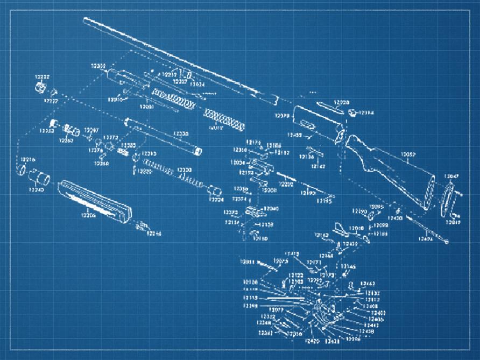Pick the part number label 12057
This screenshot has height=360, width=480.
(x=409, y=155)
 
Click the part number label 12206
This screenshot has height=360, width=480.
(x=88, y=215)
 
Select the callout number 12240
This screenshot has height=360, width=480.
(x=36, y=189)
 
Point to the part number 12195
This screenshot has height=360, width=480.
(x=323, y=201)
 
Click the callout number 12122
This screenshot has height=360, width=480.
(x=295, y=275)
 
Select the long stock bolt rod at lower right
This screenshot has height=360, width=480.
(x=428, y=228)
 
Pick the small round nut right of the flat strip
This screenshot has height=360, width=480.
(x=352, y=112)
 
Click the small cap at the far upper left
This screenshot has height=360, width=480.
(x=39, y=87)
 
